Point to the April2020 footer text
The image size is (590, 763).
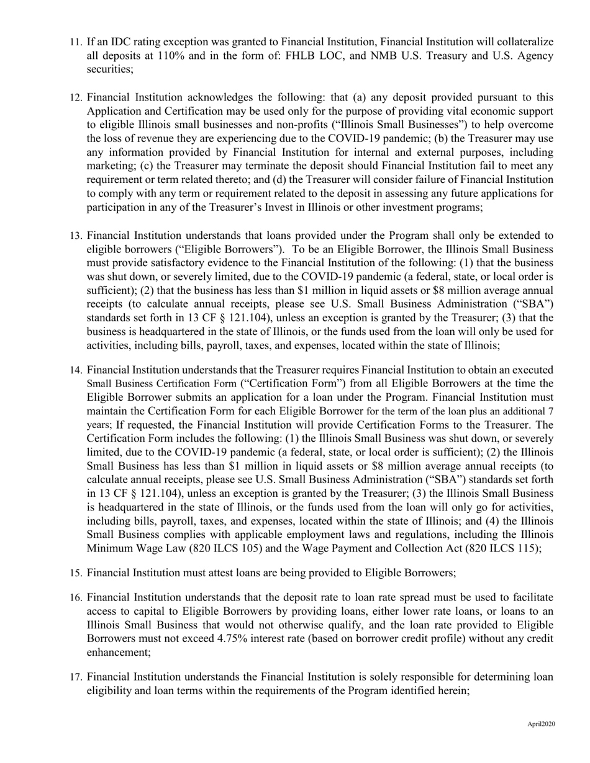tap(541, 724)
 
